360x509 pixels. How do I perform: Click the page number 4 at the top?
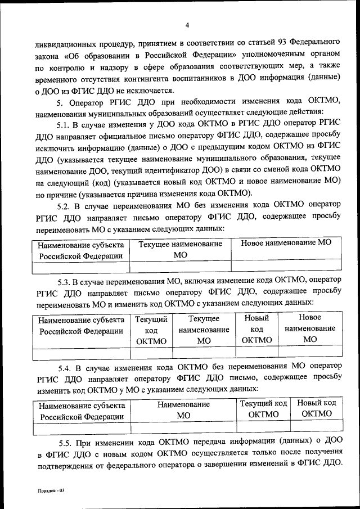tap(186, 25)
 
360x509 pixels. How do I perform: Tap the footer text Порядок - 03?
tap(48, 490)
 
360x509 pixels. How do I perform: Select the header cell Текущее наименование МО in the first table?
tap(181, 249)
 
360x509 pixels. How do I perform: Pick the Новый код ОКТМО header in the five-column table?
tap(256, 330)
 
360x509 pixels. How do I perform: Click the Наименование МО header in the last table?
tap(184, 410)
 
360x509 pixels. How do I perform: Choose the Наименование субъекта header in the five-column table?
tap(82, 325)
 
